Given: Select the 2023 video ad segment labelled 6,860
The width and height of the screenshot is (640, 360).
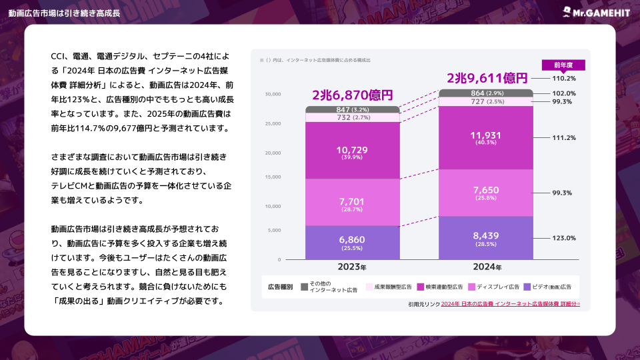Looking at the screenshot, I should point(351,242).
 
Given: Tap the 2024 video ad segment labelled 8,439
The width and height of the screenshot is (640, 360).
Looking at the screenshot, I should point(485,238).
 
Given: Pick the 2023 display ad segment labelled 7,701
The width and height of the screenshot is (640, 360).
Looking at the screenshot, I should point(351,202).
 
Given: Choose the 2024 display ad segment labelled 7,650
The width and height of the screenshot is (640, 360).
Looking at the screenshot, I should point(485,193).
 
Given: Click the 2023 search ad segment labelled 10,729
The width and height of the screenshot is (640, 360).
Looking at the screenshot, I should point(351,151).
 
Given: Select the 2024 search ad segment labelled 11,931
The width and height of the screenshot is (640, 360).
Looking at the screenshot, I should point(485,138).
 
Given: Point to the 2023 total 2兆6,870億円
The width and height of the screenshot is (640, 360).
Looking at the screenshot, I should point(353,95).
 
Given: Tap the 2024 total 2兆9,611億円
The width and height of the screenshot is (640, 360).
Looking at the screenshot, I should point(487,78).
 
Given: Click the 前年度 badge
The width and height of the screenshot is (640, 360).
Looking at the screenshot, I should point(563,65).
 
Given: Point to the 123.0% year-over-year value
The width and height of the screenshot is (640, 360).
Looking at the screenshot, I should point(563,238).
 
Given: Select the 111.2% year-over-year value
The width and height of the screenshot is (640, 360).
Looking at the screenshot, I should point(563,138).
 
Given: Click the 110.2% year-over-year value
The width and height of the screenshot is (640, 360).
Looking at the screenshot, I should point(563,79).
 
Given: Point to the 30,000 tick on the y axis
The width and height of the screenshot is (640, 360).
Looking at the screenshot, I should point(273,94).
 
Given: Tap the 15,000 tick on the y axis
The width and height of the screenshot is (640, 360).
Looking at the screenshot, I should point(273,177).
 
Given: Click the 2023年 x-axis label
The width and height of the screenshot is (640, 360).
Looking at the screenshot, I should point(352,267).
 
